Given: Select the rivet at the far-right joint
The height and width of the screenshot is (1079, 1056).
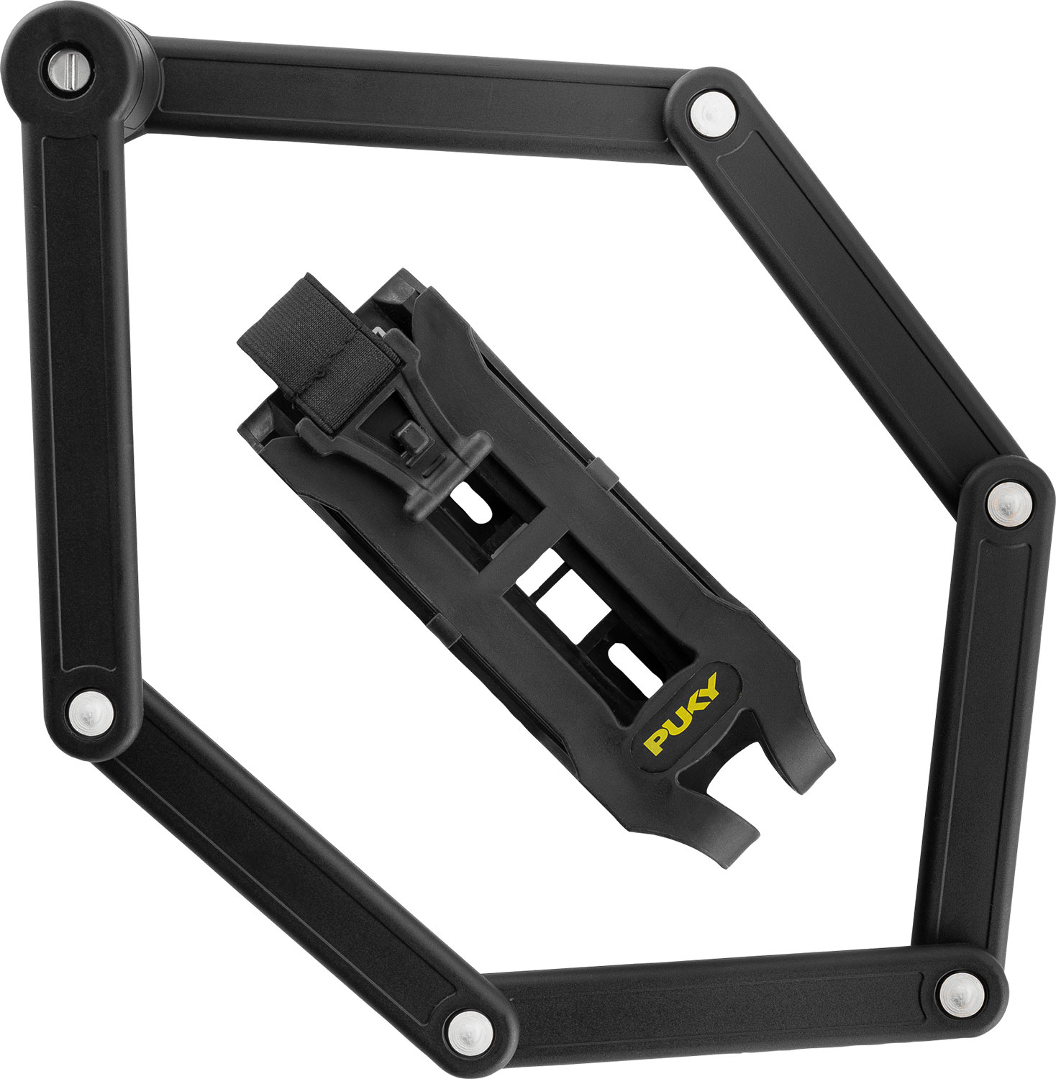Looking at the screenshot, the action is [x=1009, y=503].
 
